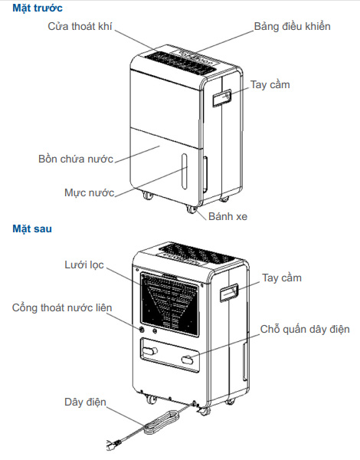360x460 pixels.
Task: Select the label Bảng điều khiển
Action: click(x=292, y=27)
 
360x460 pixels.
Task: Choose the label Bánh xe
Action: click(x=227, y=216)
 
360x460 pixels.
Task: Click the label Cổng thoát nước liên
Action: click(x=62, y=308)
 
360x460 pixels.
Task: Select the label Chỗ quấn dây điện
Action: click(x=305, y=329)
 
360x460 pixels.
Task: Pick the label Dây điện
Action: click(x=84, y=402)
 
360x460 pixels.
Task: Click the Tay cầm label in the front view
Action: click(x=270, y=84)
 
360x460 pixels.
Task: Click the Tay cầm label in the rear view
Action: click(x=281, y=277)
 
